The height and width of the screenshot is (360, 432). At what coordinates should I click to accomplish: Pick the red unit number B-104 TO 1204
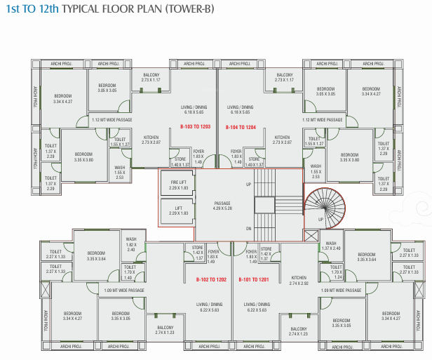pos(241,128)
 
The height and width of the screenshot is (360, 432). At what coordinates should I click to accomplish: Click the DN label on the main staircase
pos(248,229)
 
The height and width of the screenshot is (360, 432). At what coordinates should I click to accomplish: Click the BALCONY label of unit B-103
pos(151,75)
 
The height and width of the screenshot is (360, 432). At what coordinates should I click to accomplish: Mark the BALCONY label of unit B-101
pos(298,329)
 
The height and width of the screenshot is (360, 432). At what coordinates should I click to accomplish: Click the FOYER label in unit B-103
pos(198,151)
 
